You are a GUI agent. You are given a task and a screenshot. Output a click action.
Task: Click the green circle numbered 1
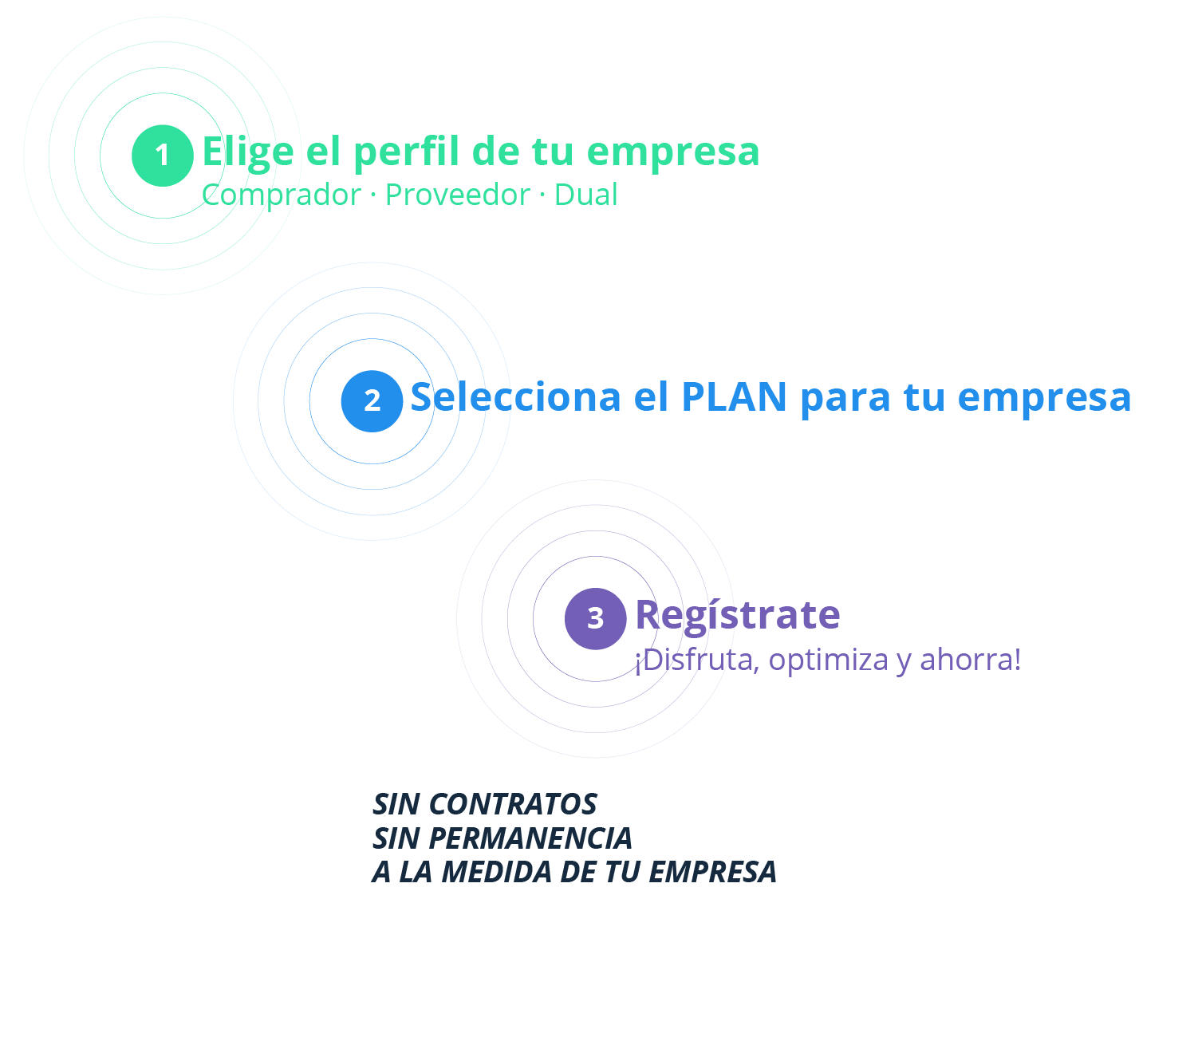pyautogui.click(x=163, y=156)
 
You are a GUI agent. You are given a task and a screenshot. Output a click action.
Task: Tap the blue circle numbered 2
pyautogui.click(x=372, y=401)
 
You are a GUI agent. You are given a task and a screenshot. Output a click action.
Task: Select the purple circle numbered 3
pyautogui.click(x=595, y=618)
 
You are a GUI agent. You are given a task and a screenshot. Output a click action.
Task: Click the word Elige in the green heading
pyautogui.click(x=247, y=152)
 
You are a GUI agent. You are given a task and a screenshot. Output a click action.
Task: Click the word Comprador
pyautogui.click(x=282, y=195)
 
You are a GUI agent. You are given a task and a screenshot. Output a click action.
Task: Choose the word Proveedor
pyautogui.click(x=457, y=195)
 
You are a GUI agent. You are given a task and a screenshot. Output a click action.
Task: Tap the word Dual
pyautogui.click(x=585, y=195)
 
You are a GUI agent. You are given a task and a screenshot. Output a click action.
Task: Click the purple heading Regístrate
pyautogui.click(x=738, y=616)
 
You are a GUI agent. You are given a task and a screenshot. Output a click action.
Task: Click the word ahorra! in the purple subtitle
pyautogui.click(x=970, y=660)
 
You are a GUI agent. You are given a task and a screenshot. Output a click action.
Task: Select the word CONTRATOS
pyautogui.click(x=513, y=804)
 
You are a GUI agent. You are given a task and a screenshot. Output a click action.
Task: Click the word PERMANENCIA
pyautogui.click(x=530, y=838)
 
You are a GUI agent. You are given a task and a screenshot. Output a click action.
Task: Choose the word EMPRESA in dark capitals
pyautogui.click(x=712, y=872)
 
